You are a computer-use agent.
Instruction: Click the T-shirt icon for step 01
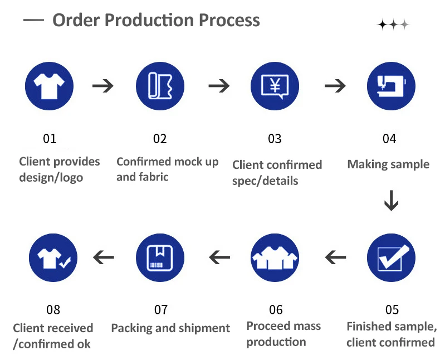click(x=49, y=86)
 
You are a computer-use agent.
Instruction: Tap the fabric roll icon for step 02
click(x=160, y=86)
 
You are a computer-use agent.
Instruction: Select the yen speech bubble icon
click(x=275, y=86)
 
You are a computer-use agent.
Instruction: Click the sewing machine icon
click(x=391, y=86)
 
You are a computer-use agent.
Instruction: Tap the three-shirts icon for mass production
click(x=275, y=257)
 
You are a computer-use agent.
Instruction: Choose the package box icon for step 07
click(x=160, y=257)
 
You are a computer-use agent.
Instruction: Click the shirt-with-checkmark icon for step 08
click(x=53, y=257)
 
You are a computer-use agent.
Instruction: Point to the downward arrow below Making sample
click(x=391, y=201)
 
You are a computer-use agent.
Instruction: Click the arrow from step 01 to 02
click(x=103, y=86)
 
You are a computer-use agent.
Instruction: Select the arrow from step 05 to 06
click(x=335, y=257)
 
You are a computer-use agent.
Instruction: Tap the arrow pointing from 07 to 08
click(x=104, y=257)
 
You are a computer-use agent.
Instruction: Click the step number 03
click(x=275, y=139)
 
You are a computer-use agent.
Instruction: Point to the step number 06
click(x=276, y=310)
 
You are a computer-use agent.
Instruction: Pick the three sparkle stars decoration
click(x=393, y=25)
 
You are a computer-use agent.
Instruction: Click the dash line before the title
click(x=33, y=20)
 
